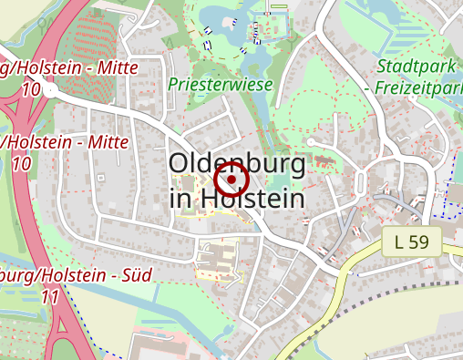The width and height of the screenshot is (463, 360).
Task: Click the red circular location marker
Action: click(x=231, y=180)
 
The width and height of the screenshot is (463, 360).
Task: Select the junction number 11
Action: click(x=50, y=297)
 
